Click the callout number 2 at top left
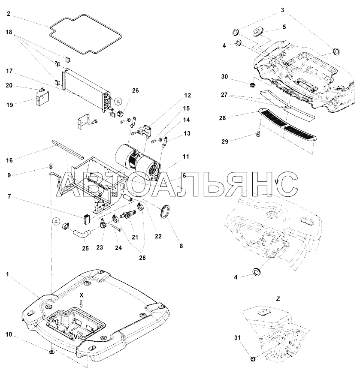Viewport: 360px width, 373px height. pyautogui.click(x=9, y=14)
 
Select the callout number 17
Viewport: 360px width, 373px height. pyautogui.click(x=9, y=71)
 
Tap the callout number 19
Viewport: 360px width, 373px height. pyautogui.click(x=9, y=105)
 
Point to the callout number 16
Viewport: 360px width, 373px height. pyautogui.click(x=9, y=160)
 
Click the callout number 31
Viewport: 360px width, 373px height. pyautogui.click(x=237, y=338)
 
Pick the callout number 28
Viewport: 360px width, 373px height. pyautogui.click(x=222, y=118)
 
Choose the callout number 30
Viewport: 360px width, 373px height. pyautogui.click(x=224, y=77)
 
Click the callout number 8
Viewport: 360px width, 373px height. pyautogui.click(x=181, y=246)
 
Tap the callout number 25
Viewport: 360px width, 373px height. pyautogui.click(x=85, y=248)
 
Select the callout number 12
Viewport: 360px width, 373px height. pyautogui.click(x=188, y=95)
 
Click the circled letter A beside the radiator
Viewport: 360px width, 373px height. pyautogui.click(x=118, y=102)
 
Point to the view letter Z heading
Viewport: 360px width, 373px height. pyautogui.click(x=278, y=299)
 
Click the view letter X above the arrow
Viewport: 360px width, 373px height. pyautogui.click(x=82, y=295)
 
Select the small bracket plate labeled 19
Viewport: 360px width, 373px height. pyautogui.click(x=42, y=97)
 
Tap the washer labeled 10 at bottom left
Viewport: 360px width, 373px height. pyautogui.click(x=52, y=352)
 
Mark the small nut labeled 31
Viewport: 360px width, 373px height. pyautogui.click(x=253, y=359)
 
